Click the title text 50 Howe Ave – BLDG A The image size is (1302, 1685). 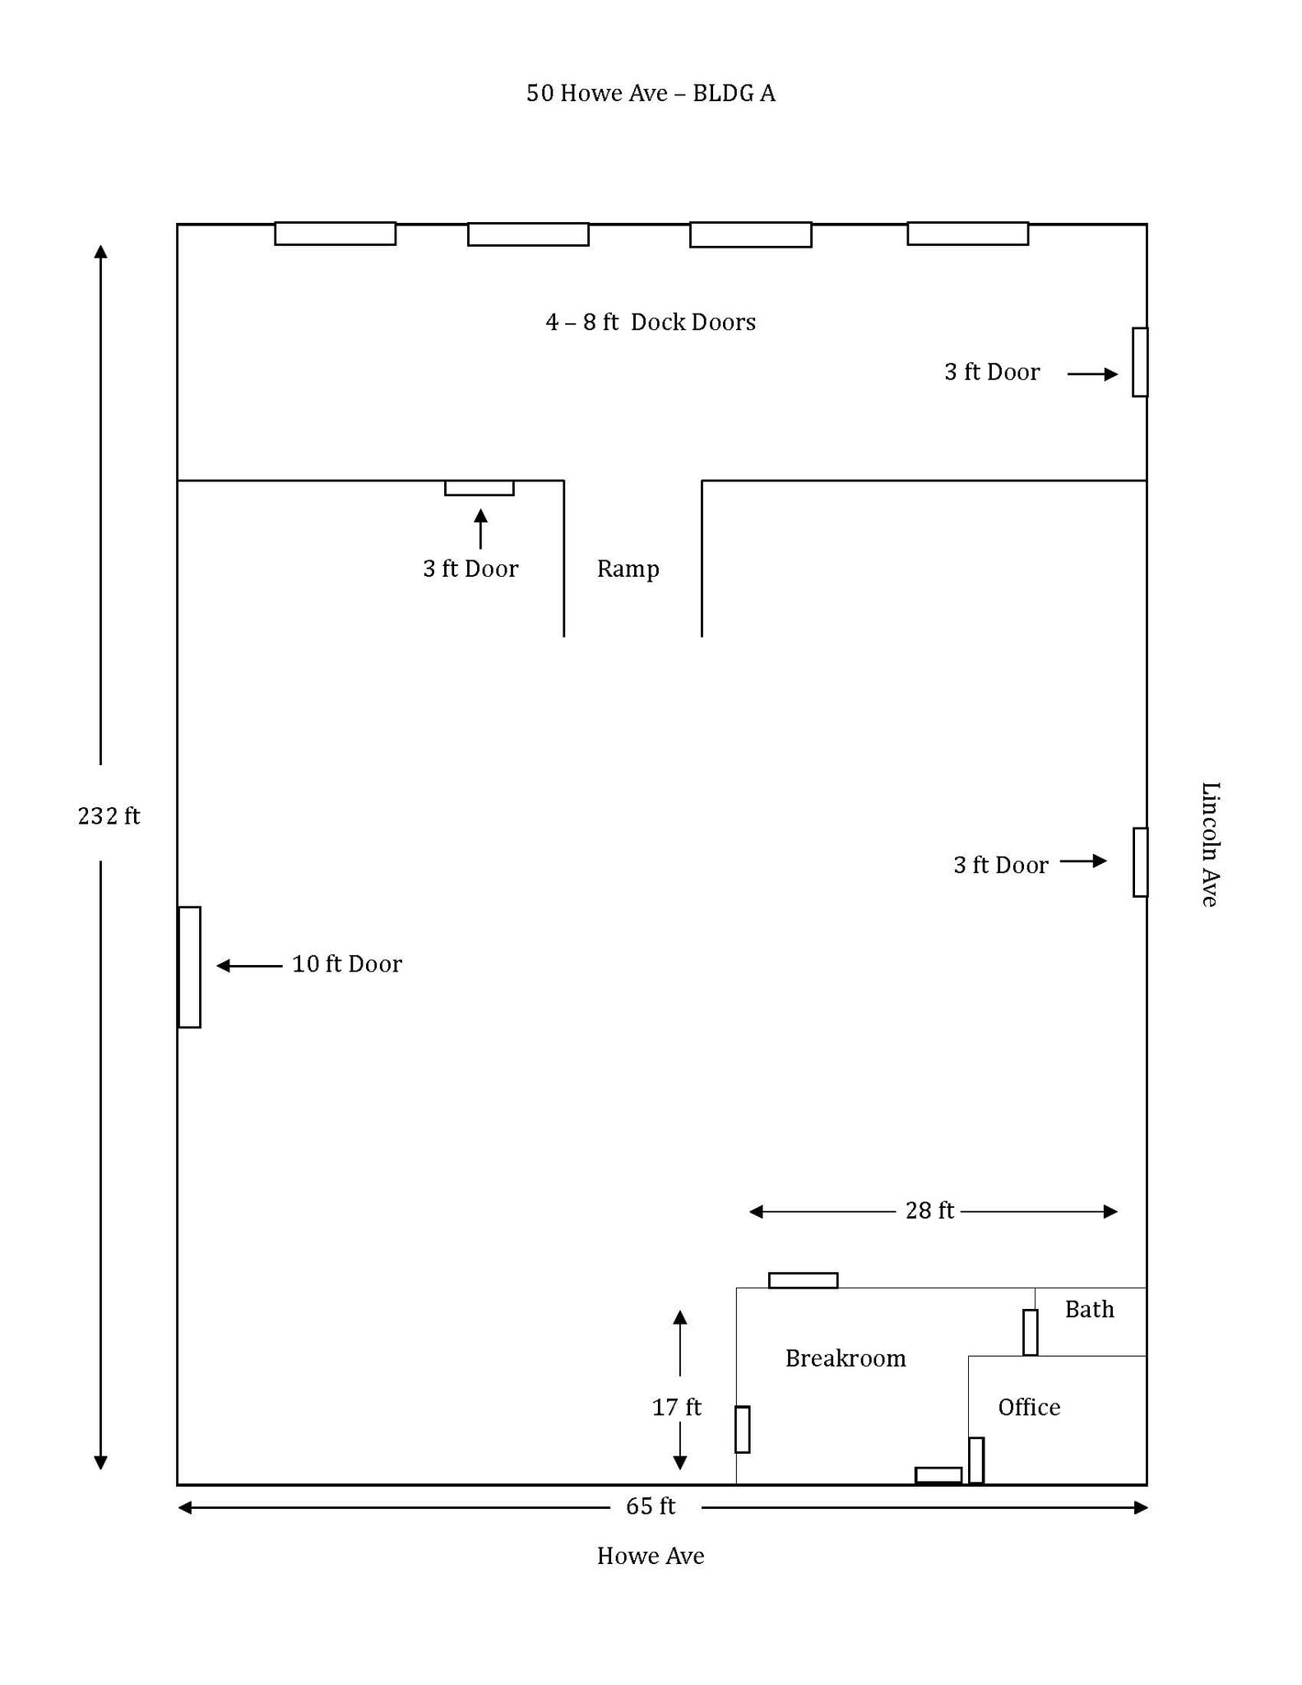pos(650,93)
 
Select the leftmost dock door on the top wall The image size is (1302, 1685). pos(335,234)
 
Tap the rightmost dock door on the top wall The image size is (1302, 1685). pos(967,234)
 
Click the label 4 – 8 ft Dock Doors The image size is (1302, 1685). pos(650,322)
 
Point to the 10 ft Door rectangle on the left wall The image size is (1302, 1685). pos(189,967)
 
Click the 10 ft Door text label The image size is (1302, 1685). pos(346,963)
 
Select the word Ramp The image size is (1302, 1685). pos(628,569)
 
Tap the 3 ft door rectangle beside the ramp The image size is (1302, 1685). pos(480,488)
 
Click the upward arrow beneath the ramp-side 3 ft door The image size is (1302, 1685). pos(480,528)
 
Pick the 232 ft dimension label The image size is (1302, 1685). pos(109,815)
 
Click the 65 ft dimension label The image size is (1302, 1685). pos(650,1506)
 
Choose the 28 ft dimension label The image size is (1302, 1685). pos(929,1210)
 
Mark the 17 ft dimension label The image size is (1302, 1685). pos(676,1407)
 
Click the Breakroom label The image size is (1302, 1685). pos(845,1358)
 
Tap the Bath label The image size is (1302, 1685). pos(1089,1310)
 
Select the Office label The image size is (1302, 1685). pos(1028,1407)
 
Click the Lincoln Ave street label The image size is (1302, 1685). pos(1209,844)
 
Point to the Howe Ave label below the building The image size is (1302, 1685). pos(650,1556)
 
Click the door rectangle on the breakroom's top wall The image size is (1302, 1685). pos(803,1280)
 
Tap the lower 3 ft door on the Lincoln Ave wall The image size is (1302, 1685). pos(1140,861)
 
